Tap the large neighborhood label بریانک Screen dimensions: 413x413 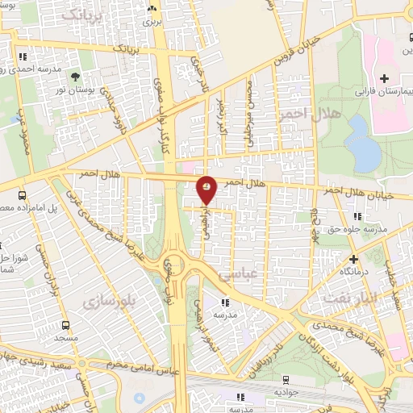pos(84,15)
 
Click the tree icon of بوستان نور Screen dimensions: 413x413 pos(75,77)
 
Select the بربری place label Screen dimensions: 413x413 pos(153,22)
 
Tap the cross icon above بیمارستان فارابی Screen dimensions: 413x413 pos(385,79)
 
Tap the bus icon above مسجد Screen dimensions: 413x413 pos(67,326)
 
